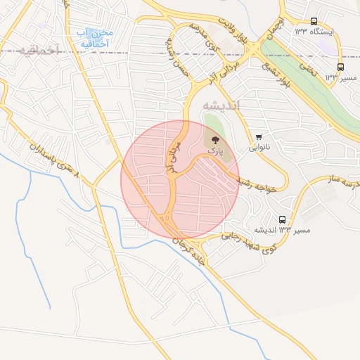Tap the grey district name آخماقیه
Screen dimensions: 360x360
pyautogui.click(x=32, y=50)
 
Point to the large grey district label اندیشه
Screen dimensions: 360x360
pyautogui.click(x=221, y=105)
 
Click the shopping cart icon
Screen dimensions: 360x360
pyautogui.click(x=259, y=136)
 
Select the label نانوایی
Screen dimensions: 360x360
pyautogui.click(x=257, y=148)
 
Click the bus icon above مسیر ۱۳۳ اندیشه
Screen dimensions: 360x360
pyautogui.click(x=283, y=219)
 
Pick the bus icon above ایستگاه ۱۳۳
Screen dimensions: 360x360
pyautogui.click(x=314, y=21)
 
